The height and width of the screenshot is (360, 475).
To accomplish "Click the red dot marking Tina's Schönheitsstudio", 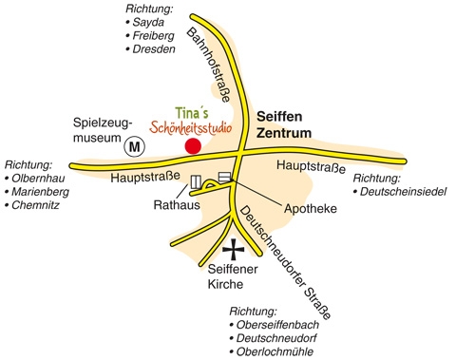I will (193, 145).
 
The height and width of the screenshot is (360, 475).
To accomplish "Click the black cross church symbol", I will (233, 251).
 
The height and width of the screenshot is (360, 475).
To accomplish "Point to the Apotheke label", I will (311, 207).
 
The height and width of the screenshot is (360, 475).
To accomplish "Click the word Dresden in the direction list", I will (154, 48).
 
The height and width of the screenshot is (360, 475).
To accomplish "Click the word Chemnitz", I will (37, 205).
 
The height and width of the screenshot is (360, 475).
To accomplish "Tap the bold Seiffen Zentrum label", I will (283, 125).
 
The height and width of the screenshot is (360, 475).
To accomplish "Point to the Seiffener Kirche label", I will (232, 275).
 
